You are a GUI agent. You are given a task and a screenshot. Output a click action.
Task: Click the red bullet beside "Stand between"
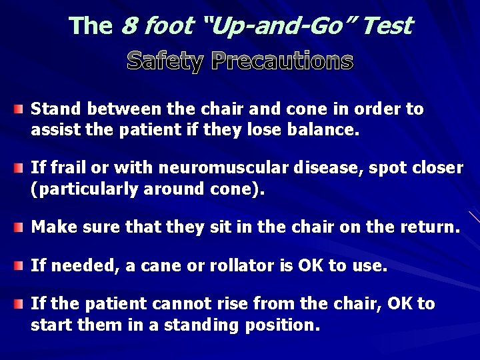click(x=22, y=109)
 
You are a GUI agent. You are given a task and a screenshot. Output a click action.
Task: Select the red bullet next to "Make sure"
click(x=22, y=227)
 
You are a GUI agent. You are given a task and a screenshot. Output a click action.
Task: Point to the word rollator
click(x=237, y=267)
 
